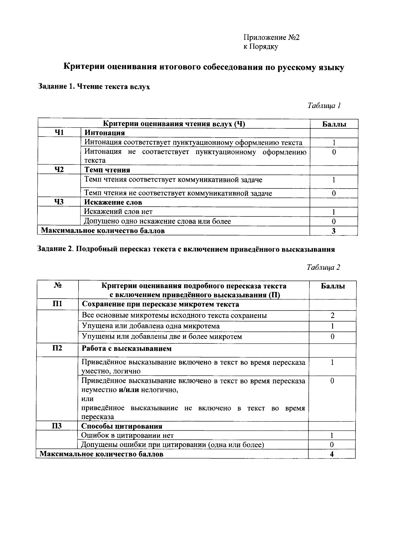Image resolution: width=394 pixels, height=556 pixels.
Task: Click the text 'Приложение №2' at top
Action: pos(271,37)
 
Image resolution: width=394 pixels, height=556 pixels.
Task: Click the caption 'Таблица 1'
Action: pos(324,105)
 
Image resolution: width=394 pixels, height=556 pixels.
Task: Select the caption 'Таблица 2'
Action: pos(323,267)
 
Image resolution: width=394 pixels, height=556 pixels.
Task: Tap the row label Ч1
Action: pos(59,133)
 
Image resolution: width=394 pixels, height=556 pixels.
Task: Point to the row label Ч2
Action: pos(59,170)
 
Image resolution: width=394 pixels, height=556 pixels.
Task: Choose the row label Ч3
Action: pos(59,202)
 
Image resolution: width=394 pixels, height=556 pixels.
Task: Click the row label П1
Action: pos(57,304)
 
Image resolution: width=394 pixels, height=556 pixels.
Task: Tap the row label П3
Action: pos(57,426)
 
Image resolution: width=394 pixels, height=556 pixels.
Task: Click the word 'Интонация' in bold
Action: pos(105,133)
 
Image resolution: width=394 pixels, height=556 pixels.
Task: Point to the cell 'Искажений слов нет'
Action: pos(118,211)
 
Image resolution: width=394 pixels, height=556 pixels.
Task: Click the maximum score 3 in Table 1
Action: pos(334,231)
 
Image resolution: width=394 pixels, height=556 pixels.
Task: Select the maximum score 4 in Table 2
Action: pos(332,454)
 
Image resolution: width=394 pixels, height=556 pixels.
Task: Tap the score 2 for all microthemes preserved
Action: pos(332,316)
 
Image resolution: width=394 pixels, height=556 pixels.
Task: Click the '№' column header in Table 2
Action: pos(57,286)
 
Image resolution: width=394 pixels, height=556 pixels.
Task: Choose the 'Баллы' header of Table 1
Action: pos(334,124)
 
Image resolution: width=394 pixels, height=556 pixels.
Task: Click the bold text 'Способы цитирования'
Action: pos(122,426)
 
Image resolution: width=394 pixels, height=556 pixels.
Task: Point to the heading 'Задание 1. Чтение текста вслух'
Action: pos(94,87)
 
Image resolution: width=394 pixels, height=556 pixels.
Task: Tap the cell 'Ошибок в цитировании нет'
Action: pos(127,435)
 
